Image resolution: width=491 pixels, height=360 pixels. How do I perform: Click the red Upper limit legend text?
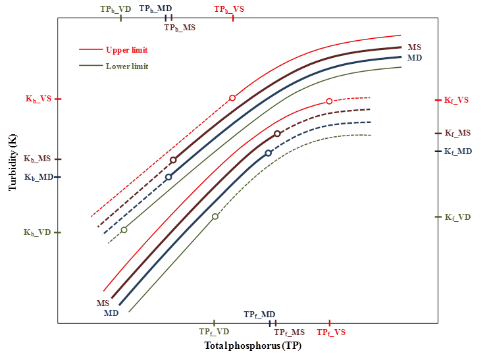[126, 49]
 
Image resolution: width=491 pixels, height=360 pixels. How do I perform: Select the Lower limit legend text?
[126, 66]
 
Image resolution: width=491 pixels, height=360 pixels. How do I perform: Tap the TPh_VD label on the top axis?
[115, 10]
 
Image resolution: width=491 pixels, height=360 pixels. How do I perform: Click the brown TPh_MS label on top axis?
[180, 28]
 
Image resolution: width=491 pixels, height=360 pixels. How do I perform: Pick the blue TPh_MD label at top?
[156, 10]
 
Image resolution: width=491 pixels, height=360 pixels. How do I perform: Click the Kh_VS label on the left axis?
[38, 99]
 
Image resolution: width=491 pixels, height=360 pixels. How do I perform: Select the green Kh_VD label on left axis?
[38, 232]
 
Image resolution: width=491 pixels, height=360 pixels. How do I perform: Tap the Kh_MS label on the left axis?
[38, 159]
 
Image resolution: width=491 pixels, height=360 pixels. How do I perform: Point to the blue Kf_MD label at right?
[458, 151]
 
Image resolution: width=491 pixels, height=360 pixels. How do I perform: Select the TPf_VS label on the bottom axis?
[331, 333]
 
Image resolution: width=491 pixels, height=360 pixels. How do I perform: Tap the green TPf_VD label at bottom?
[215, 333]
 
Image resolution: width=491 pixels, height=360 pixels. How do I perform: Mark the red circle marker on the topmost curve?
[232, 98]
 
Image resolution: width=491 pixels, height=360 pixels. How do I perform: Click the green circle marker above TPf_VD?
[215, 217]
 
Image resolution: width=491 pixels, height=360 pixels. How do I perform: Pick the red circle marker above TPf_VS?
[329, 101]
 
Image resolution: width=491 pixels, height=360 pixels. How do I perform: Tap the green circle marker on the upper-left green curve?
[124, 230]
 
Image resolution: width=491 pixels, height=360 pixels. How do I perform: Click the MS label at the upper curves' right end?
[414, 47]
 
